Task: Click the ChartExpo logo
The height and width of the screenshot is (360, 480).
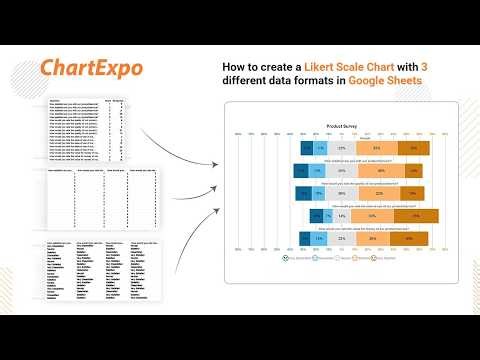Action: pyautogui.click(x=91, y=68)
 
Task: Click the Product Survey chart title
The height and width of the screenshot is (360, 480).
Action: pyautogui.click(x=342, y=127)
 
